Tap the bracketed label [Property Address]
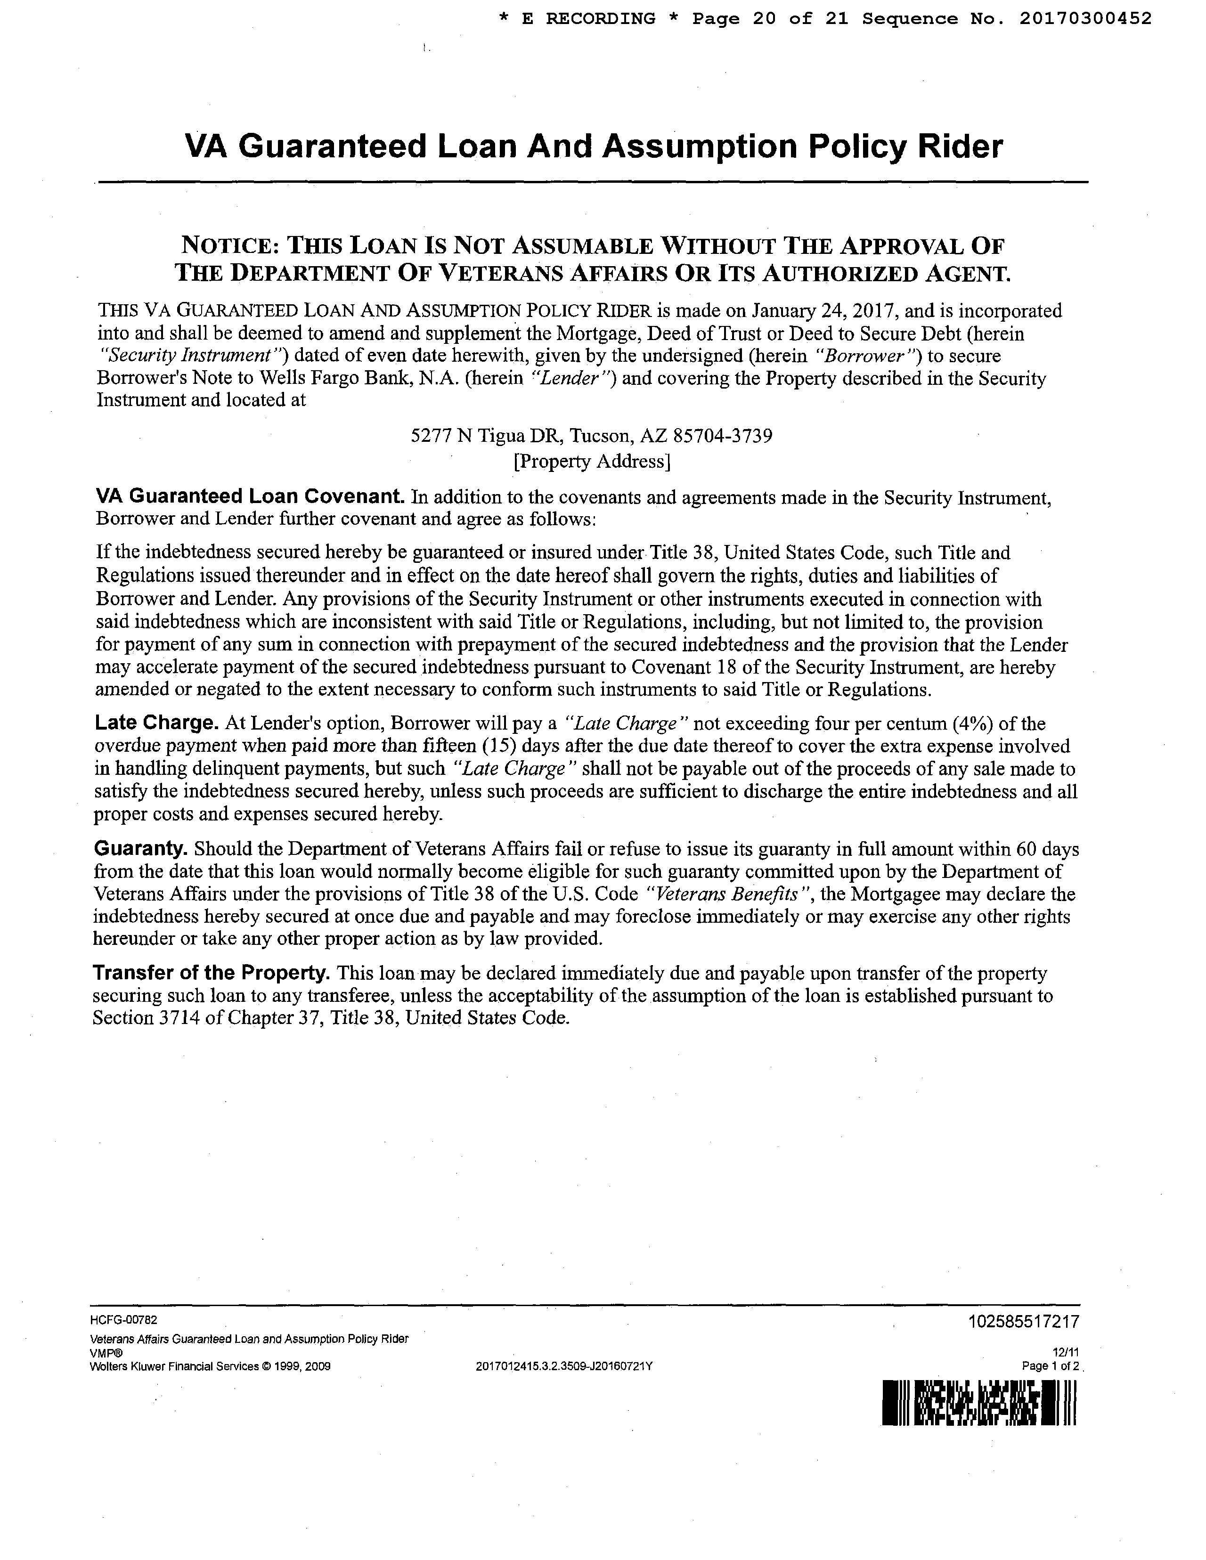592,462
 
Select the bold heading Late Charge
156,723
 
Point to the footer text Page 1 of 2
1051,1366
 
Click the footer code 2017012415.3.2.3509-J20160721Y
564,1366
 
